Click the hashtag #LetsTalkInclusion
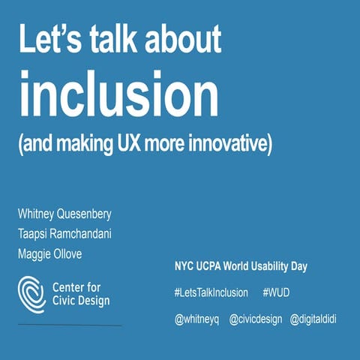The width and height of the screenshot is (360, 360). pyautogui.click(x=212, y=292)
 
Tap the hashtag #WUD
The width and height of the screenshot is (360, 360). pyautogui.click(x=278, y=292)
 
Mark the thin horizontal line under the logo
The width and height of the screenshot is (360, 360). pyautogui.click(x=70, y=326)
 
